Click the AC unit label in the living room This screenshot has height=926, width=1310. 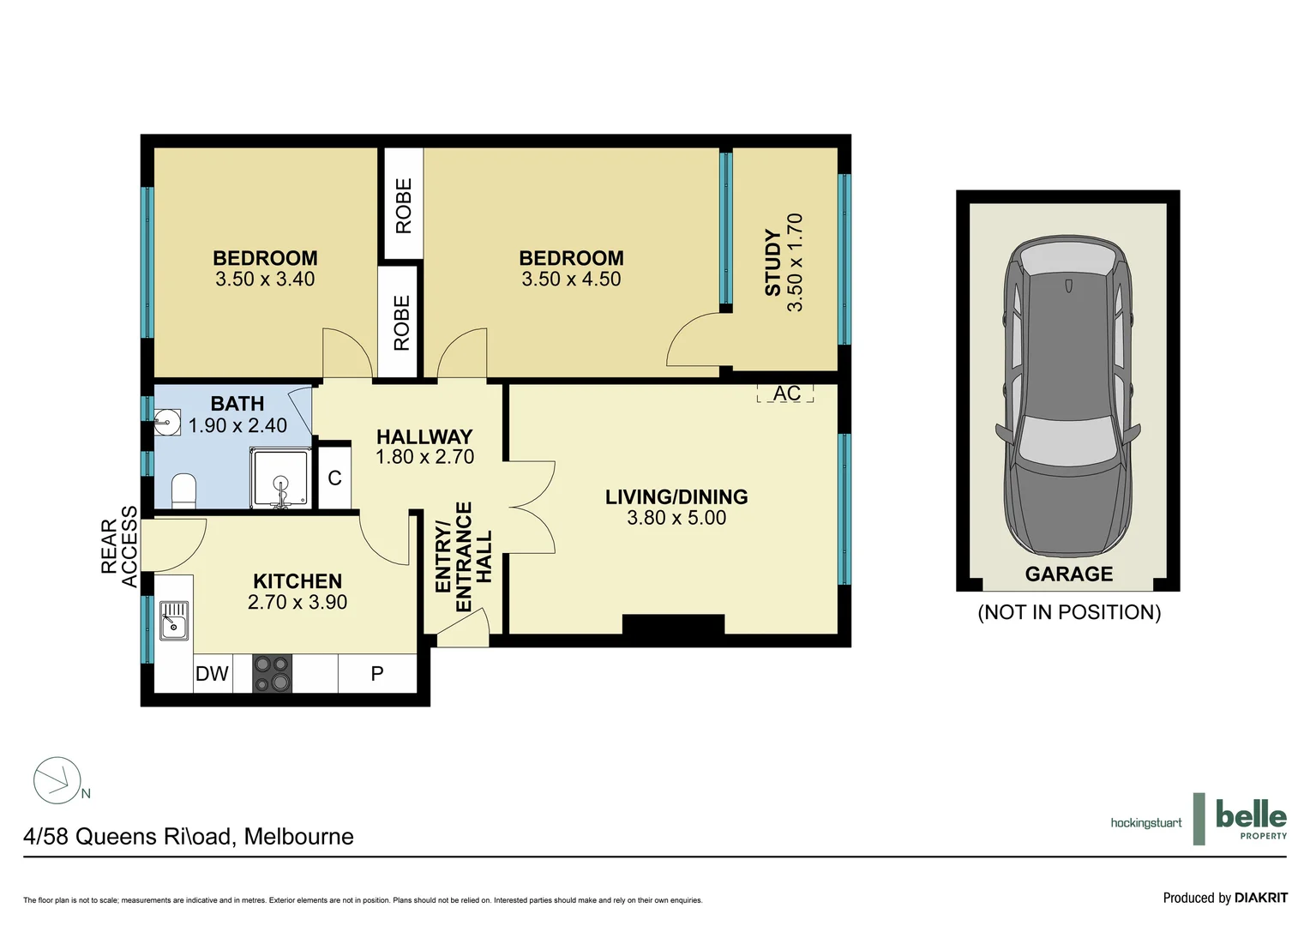point(785,394)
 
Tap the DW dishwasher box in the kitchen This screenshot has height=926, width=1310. point(212,674)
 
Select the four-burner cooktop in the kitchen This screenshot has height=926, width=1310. point(272,673)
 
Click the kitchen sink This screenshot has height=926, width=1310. point(174,620)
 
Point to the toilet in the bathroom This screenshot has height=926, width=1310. point(183,491)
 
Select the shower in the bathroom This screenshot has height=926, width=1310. point(280,478)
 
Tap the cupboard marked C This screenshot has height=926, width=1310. point(334,478)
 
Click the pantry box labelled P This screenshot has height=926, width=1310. point(377,674)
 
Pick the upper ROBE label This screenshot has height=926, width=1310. point(404,206)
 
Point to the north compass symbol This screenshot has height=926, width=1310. point(58,780)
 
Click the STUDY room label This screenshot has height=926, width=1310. point(773,262)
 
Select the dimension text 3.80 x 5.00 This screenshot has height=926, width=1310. point(676,518)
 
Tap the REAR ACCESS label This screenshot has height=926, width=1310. point(118,546)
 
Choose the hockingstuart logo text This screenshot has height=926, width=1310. point(1145,823)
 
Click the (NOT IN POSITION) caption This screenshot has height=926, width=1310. point(1069,612)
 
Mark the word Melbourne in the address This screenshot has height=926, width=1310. point(298,837)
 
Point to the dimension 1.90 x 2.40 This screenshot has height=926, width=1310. point(237,425)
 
